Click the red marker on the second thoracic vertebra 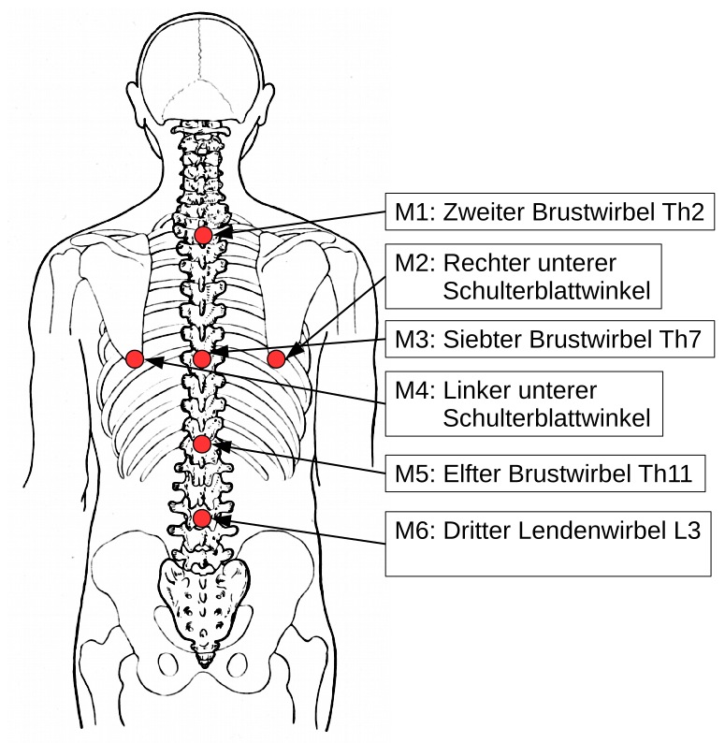pyautogui.click(x=203, y=235)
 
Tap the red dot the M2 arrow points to pyautogui.click(x=276, y=358)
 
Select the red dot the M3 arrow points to pyautogui.click(x=202, y=358)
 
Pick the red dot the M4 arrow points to pyautogui.click(x=134, y=359)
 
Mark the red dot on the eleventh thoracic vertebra pyautogui.click(x=201, y=444)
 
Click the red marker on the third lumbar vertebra pyautogui.click(x=201, y=517)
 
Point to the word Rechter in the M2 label pyautogui.click(x=483, y=262)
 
